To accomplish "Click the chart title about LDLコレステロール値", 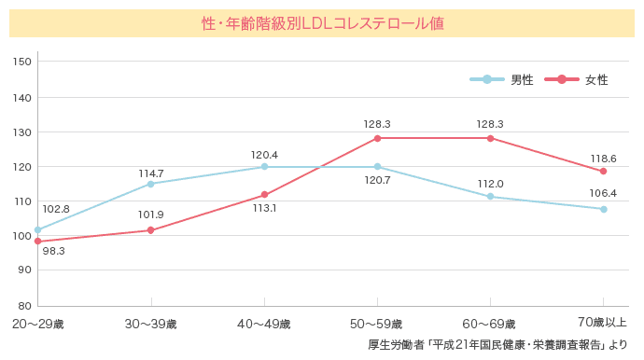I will click(322, 23).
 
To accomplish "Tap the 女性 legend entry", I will click(595, 79).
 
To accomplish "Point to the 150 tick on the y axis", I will click(23, 62).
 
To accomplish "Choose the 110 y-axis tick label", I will click(23, 201).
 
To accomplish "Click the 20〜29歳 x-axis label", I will click(38, 325).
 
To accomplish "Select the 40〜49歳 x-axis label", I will click(264, 325).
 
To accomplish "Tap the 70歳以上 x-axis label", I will click(603, 323).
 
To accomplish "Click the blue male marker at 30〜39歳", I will click(151, 184).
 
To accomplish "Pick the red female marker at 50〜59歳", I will click(377, 138).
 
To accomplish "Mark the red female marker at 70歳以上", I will click(603, 172).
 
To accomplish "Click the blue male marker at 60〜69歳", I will click(490, 197).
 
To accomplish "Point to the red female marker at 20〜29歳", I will click(38, 242).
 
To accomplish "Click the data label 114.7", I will click(151, 173).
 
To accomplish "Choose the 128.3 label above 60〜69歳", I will click(490, 124).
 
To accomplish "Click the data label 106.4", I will click(603, 193).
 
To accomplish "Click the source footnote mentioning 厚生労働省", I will click(498, 345).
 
